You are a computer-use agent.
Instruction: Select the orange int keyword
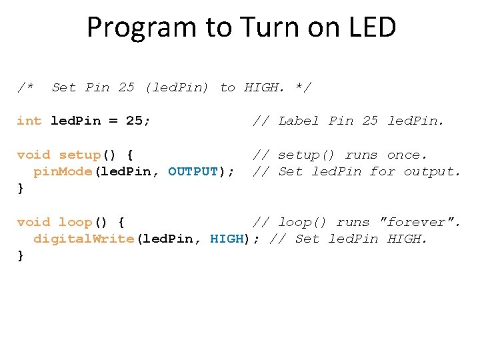29,121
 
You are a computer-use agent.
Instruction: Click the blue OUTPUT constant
193,171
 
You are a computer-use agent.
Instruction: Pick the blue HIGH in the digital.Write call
227,239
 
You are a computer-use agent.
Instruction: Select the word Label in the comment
299,121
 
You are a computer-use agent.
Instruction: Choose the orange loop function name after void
75,222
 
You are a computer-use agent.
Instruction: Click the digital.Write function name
83,239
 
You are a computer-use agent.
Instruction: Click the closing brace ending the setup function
21,189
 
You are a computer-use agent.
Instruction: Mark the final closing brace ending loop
21,256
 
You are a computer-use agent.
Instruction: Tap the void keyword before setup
33,155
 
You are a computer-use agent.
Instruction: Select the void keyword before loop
33,222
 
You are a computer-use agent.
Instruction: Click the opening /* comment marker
25,87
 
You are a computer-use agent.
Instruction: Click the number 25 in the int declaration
134,121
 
